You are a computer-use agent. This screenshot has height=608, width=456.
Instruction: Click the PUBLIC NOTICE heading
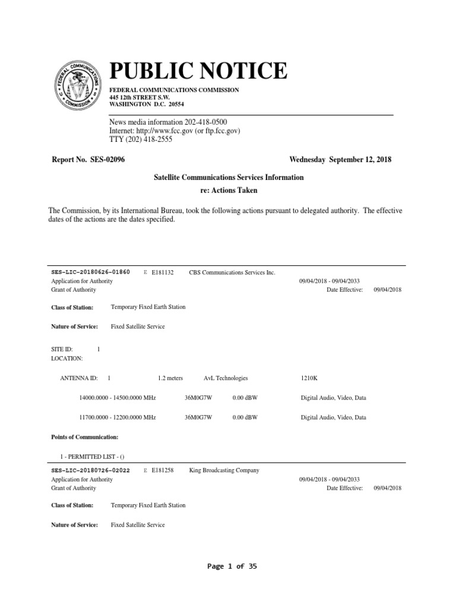pos(198,71)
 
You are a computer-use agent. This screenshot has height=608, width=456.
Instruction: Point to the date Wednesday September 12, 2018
pos(340,160)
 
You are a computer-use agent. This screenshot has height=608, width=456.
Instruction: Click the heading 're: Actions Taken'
pos(228,190)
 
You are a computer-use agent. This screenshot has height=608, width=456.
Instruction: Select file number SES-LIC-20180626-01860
pos(91,272)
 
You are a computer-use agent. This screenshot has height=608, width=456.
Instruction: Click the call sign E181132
pos(163,272)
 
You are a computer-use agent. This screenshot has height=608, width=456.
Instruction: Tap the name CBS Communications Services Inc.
pos(232,272)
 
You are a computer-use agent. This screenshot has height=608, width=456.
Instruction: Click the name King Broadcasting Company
pos(224,470)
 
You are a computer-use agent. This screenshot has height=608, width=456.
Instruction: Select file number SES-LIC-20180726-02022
pos(91,470)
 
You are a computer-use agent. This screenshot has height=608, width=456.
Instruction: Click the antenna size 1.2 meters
pos(170,378)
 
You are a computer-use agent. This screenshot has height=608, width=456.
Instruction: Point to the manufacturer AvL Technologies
pos(226,378)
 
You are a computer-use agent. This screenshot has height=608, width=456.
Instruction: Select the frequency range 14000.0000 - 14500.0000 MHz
pos(118,398)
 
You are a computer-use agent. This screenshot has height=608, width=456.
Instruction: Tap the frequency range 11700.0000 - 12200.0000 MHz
pos(118,417)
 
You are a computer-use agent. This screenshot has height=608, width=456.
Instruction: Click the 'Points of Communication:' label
pos(85,437)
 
